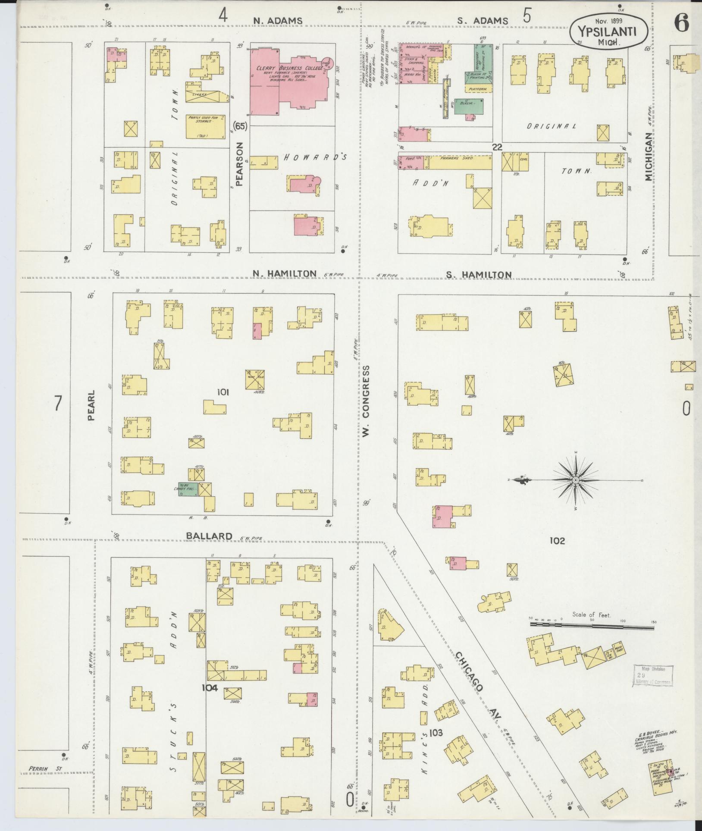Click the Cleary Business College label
289,68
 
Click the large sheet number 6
681,22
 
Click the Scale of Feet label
592,615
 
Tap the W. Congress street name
366,401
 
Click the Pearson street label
240,164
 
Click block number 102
557,540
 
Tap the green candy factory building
188,489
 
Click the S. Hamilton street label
479,274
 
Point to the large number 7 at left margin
58,404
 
